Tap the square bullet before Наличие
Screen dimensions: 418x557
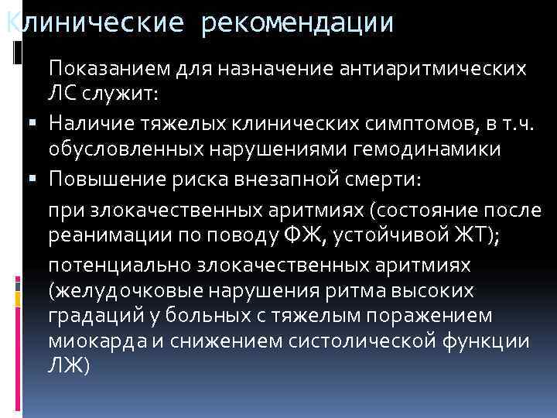coord(38,122)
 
